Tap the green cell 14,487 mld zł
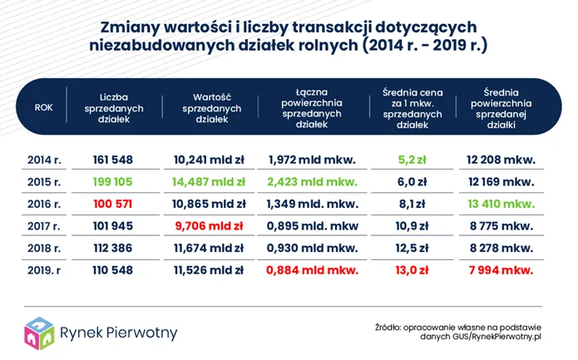pyautogui.click(x=209, y=180)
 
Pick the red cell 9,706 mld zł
pyautogui.click(x=209, y=225)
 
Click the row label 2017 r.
pyautogui.click(x=42, y=225)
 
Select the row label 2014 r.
pyautogui.click(x=42, y=159)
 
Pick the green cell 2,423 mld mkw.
pyautogui.click(x=311, y=180)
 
